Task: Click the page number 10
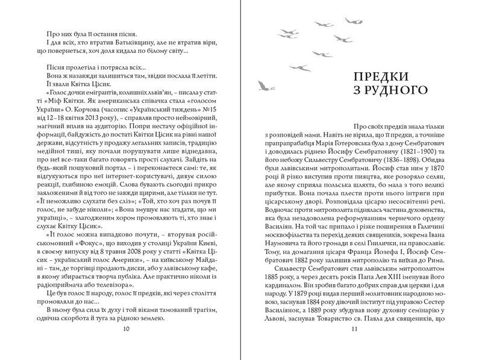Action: coord(125,329)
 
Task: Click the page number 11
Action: coord(354,329)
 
